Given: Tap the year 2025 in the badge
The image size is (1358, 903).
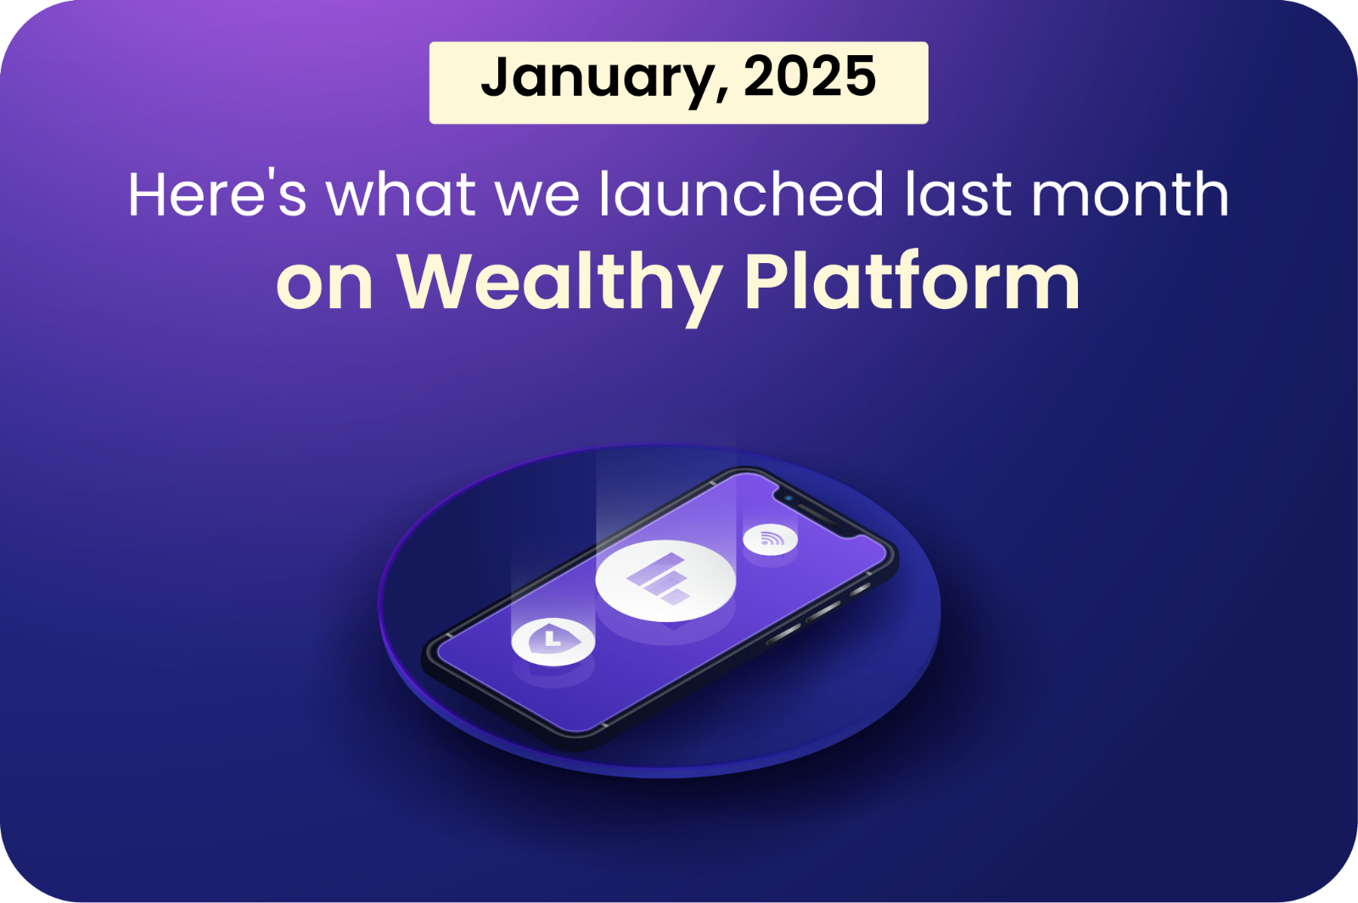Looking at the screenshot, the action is tap(810, 76).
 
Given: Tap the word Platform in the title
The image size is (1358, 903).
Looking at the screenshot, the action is tap(912, 281).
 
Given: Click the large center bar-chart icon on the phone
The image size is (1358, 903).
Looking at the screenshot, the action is tap(665, 580).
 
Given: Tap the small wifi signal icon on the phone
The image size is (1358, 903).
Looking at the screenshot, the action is tap(770, 539).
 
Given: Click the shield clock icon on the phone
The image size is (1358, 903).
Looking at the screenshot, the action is tap(553, 642).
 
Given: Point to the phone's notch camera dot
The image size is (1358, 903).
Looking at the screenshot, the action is tap(788, 499).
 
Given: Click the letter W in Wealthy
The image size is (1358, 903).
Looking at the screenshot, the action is tap(435, 281).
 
